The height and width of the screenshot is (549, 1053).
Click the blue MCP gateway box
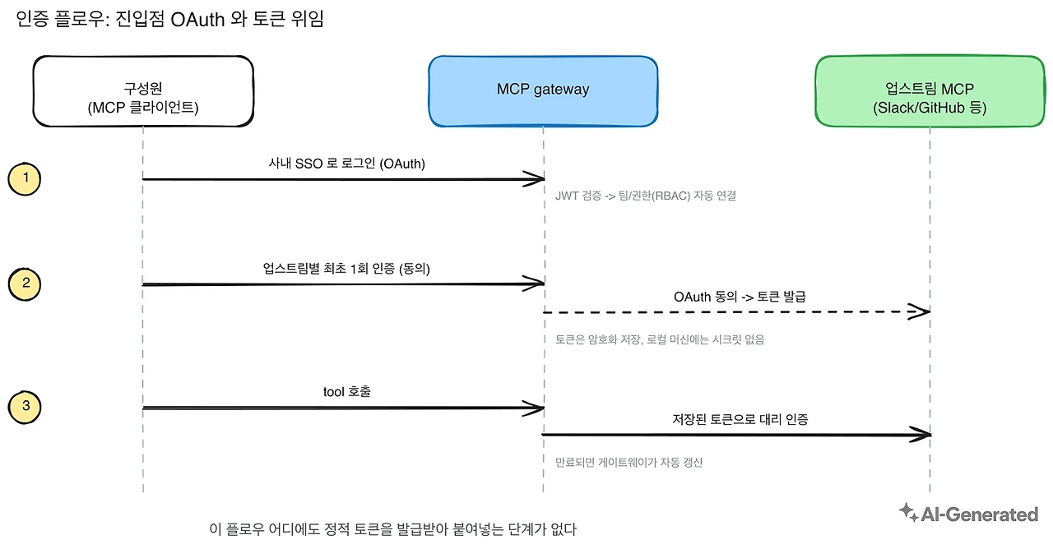tap(543, 91)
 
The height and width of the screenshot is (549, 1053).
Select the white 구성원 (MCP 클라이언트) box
tap(143, 91)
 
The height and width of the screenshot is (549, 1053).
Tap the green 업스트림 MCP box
tap(930, 91)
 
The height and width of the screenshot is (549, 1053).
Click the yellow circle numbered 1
tap(25, 179)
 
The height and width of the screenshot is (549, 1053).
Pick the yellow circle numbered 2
tap(25, 284)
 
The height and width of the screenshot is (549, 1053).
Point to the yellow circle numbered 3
tap(25, 407)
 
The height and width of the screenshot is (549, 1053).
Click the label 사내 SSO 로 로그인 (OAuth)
tap(347, 164)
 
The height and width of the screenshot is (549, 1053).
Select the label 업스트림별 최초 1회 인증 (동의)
tap(346, 269)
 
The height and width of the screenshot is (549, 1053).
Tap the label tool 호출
tap(347, 392)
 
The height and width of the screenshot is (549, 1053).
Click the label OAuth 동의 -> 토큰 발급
tap(740, 297)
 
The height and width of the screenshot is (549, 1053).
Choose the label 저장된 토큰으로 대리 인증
tap(740, 419)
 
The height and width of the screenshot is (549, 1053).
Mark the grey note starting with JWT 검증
tap(646, 196)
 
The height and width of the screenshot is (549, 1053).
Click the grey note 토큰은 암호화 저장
tap(660, 339)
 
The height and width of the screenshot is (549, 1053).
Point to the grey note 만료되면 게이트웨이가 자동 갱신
tap(629, 462)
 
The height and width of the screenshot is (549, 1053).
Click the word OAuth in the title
tap(197, 20)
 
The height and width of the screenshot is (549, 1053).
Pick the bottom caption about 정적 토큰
tap(392, 529)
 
